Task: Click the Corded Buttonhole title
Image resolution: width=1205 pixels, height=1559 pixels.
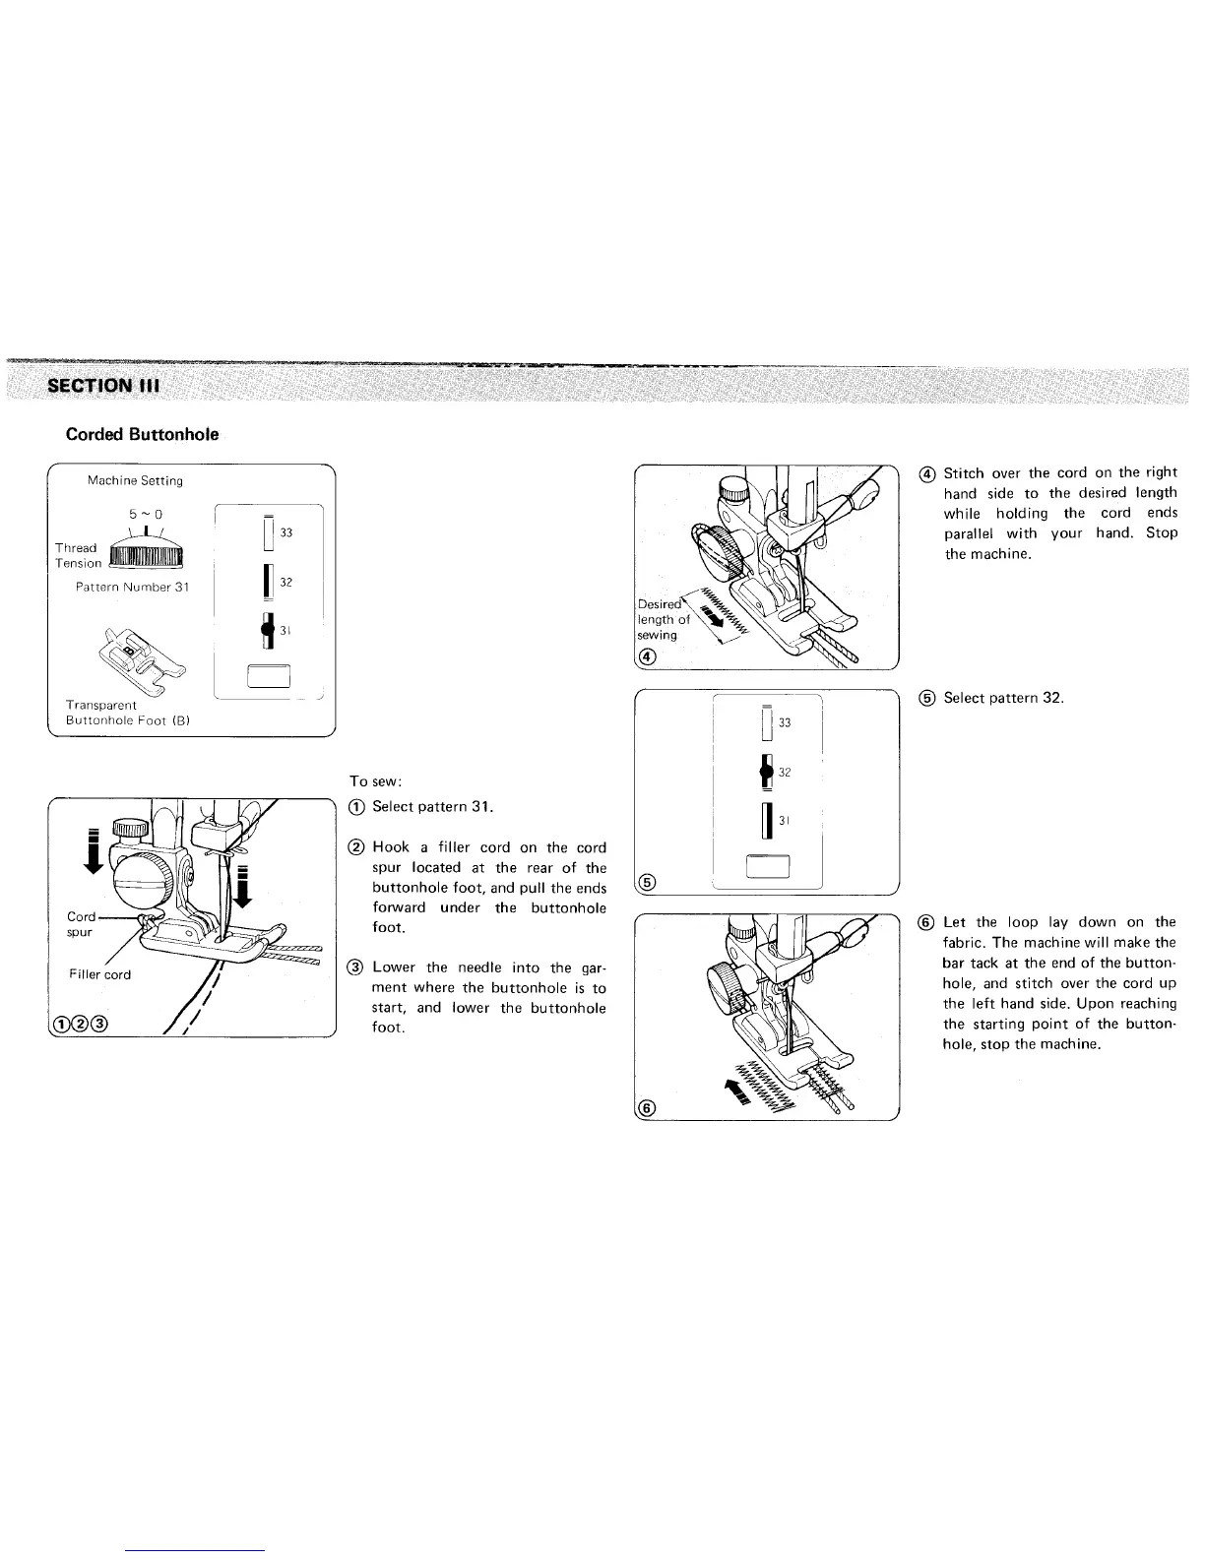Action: (142, 434)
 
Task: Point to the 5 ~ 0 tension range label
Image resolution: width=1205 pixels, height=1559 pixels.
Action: (146, 514)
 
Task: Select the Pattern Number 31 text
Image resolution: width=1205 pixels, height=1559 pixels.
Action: (132, 588)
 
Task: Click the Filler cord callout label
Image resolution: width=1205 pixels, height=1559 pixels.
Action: (99, 974)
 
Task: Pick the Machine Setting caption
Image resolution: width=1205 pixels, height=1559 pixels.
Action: (135, 481)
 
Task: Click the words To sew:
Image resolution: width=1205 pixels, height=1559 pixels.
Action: (372, 781)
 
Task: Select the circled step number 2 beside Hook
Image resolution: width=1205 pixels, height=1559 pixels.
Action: (356, 847)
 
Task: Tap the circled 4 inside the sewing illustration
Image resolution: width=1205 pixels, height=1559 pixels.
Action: (646, 656)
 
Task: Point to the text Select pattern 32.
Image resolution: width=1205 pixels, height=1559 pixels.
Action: (1003, 698)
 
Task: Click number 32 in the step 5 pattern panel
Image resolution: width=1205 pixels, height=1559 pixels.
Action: (785, 773)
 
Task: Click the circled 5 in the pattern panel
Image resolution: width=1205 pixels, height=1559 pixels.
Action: (646, 882)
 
